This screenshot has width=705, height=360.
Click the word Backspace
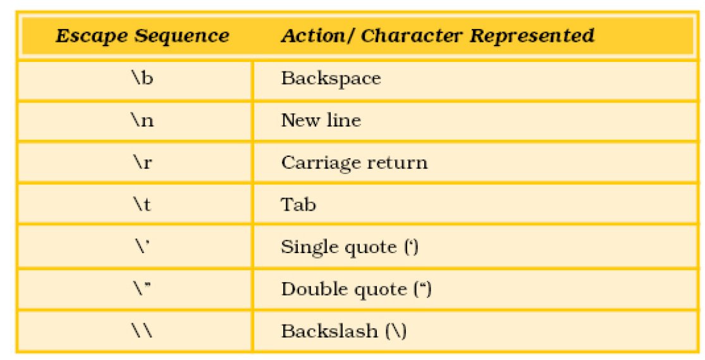[x=331, y=78]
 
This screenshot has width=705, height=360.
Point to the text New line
[x=321, y=121]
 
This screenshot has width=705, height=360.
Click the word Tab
[x=298, y=205]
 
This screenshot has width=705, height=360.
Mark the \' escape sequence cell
[x=141, y=246]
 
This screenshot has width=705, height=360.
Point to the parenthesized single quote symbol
[x=412, y=247]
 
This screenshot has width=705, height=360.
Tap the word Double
[x=314, y=289]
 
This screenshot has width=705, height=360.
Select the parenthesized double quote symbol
[x=422, y=289]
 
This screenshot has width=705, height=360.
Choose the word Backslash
[x=329, y=331]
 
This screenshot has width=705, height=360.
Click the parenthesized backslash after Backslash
[x=396, y=331]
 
